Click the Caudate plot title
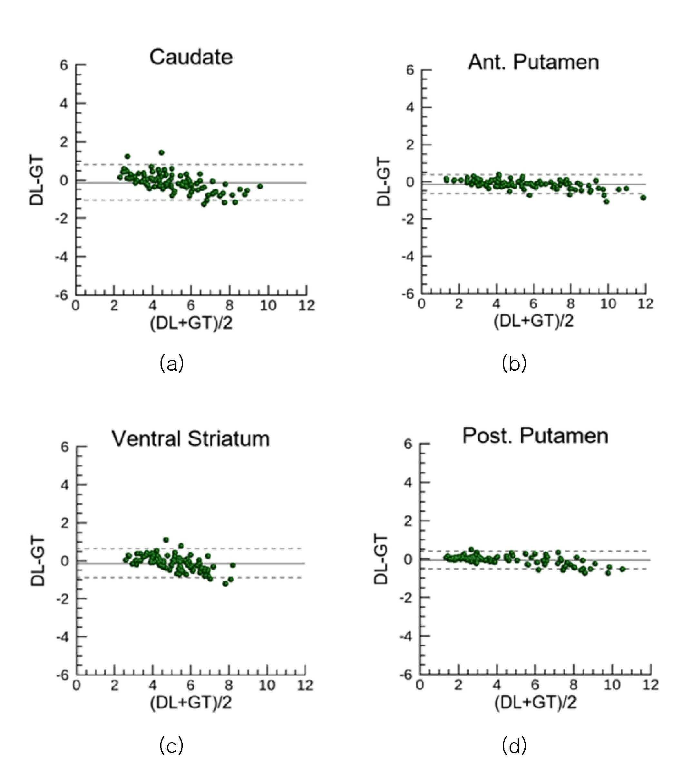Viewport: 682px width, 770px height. coord(191,57)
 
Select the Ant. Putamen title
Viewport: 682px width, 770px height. coord(533,62)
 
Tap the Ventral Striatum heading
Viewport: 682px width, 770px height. coord(191,439)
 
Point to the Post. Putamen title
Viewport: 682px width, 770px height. coord(535,436)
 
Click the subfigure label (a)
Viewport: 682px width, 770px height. coord(171,364)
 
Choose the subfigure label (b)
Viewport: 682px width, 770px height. coord(514,364)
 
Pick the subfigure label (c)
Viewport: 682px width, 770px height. coord(171,746)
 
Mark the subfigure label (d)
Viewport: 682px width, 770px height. coord(514,746)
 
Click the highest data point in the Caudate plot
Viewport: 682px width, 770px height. coord(162,153)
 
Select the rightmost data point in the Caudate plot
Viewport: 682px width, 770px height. coord(260,186)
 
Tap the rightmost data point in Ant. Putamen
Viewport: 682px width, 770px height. coord(643,197)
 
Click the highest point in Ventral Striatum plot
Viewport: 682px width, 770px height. coord(166,540)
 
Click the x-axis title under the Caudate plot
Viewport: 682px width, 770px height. coord(191,323)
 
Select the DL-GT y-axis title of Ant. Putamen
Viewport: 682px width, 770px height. coord(384,182)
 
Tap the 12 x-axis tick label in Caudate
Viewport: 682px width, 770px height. coord(307,306)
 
